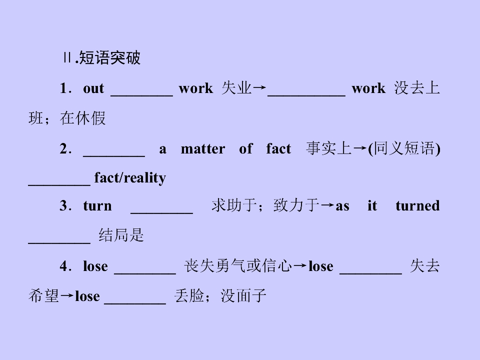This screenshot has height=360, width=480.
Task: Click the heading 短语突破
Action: tap(109, 57)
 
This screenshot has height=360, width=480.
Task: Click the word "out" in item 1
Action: tap(93, 88)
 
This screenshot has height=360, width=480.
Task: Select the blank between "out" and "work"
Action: tap(141, 96)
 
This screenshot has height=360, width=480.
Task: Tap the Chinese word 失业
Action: tap(236, 88)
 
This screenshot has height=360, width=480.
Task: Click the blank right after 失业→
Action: tap(306, 96)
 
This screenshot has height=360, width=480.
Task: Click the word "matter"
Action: tap(202, 149)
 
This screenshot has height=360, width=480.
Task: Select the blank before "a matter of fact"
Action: tap(114, 156)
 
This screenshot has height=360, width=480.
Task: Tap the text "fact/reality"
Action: tap(130, 178)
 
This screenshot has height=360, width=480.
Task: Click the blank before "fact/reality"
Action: tap(59, 185)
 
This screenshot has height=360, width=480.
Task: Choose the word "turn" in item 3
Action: tap(97, 205)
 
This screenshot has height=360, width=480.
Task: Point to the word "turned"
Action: tap(417, 205)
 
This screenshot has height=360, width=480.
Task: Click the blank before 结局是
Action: tap(59, 243)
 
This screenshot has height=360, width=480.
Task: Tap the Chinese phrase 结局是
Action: tap(121, 235)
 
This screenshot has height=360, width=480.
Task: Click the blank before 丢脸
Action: tap(135, 303)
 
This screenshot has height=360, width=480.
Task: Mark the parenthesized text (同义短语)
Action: tap(404, 148)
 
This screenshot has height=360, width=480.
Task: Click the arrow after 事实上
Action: tap(359, 148)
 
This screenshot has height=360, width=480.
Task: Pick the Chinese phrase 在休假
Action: tap(82, 118)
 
